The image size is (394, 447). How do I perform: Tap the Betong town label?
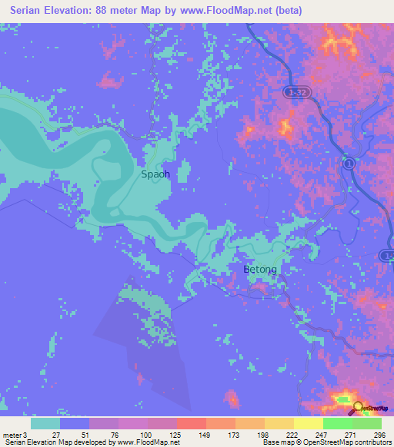pyautogui.click(x=260, y=270)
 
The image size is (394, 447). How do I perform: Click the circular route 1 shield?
pyautogui.click(x=349, y=164)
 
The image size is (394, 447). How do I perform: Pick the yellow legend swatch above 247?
pyautogui.click(x=309, y=423)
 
